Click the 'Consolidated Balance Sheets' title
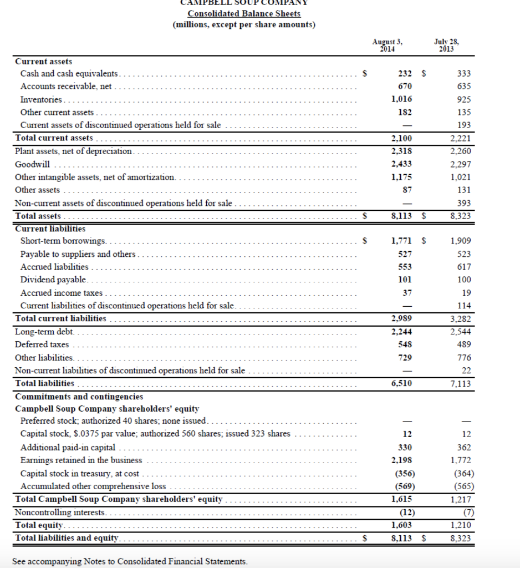pos(244,13)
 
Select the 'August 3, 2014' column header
pos(388,45)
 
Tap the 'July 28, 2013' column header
pos(447,45)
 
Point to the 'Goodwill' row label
pos(32,164)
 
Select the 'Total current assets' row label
pos(54,138)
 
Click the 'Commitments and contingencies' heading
pos(79,397)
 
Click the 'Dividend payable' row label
pos(53,280)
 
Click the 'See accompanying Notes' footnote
pos(130,561)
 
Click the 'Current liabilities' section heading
pos(50,229)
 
